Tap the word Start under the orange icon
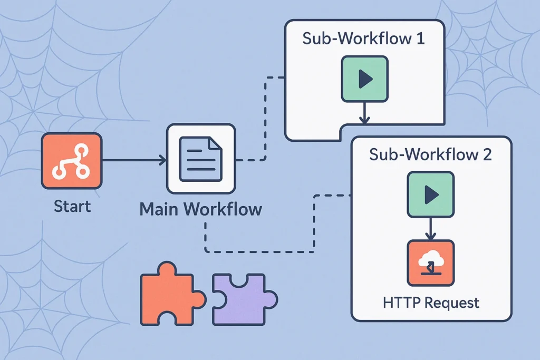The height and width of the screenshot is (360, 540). [72, 206]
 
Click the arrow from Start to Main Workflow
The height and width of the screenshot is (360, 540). [134, 160]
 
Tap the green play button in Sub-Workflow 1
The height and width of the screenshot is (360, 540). [364, 79]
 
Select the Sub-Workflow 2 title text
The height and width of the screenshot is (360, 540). [430, 155]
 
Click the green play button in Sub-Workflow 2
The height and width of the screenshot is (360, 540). [430, 195]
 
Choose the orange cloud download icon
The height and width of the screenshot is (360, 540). [430, 263]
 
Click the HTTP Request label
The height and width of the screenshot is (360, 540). [431, 303]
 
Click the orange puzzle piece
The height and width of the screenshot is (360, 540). [170, 293]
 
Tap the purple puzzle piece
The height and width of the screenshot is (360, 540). [243, 298]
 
